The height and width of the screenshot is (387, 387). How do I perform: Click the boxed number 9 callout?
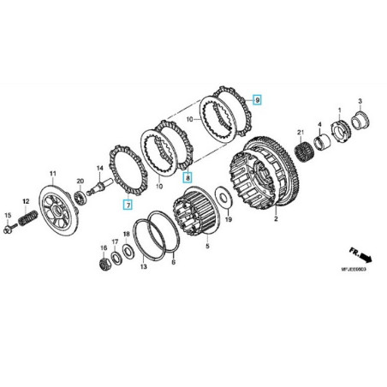tap(257, 101)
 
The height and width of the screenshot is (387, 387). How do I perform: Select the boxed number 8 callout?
tap(188, 177)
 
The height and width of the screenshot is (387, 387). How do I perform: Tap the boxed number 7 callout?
tap(127, 205)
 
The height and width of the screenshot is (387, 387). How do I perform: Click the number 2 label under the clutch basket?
tap(276, 219)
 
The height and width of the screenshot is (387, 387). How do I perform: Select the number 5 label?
tap(205, 245)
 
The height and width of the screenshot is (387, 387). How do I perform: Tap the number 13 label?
tap(143, 267)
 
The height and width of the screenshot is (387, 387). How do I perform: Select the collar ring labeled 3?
tap(360, 117)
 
